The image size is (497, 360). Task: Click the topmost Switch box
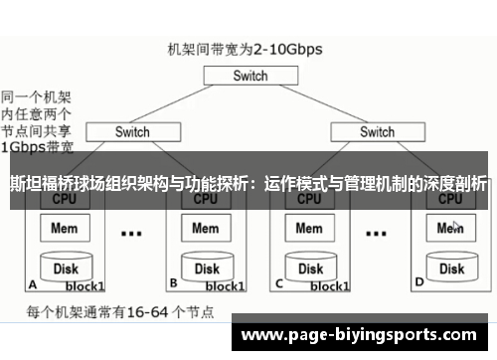click(250, 76)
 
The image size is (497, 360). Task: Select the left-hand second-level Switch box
click(132, 131)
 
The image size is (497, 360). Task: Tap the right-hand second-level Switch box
click(377, 131)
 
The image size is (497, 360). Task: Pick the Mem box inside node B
click(205, 228)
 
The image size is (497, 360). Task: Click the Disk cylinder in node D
click(451, 268)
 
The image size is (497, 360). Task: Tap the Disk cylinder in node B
click(206, 268)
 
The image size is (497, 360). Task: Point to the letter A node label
click(33, 282)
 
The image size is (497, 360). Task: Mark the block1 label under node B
click(224, 286)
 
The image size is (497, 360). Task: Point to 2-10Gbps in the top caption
click(288, 48)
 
